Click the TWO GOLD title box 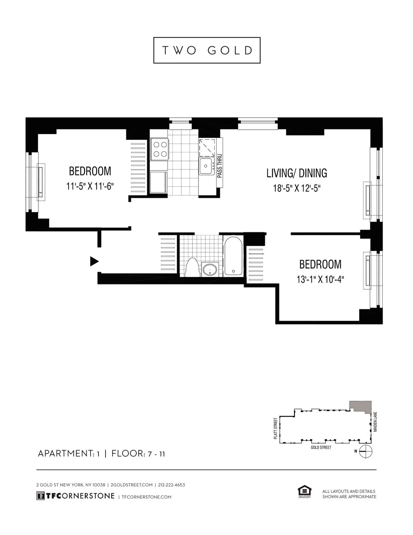(207, 50)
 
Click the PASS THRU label (220, 166)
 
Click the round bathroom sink (210, 269)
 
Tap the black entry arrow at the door (94, 261)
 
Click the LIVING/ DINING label (297, 173)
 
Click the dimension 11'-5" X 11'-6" (90, 187)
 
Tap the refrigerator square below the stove (158, 183)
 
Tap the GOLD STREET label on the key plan (321, 447)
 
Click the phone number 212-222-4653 (171, 485)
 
